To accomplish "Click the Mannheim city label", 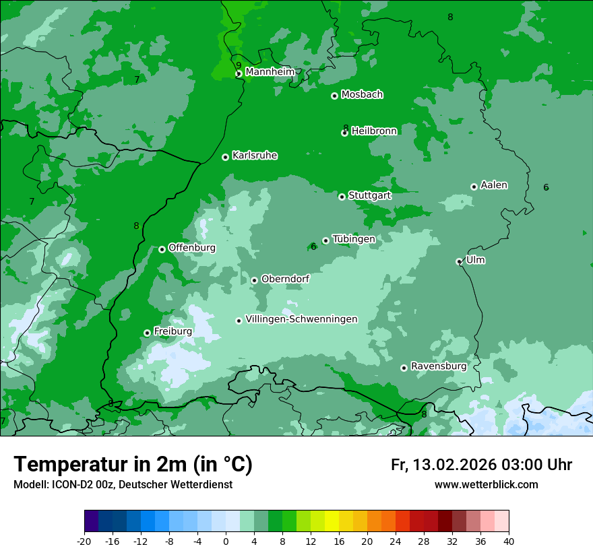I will (x=270, y=72).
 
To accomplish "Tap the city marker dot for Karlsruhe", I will (x=225, y=157).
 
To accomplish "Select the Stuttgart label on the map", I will (x=369, y=195).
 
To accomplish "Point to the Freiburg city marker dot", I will (x=147, y=333).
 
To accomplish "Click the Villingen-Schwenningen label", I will (x=301, y=319).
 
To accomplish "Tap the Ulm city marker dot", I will (x=459, y=261).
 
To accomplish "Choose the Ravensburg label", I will (x=438, y=366).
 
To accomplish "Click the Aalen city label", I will (x=494, y=185).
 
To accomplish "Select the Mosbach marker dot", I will (x=334, y=96).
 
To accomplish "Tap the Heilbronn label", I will (x=374, y=131).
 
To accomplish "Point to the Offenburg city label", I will (x=192, y=248).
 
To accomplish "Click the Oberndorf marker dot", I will (x=254, y=280).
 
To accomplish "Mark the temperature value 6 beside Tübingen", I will (x=313, y=247).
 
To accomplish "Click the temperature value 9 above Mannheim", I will (x=239, y=65).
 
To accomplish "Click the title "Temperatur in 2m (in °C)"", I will (x=133, y=465).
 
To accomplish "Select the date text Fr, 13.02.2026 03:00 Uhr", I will (x=481, y=465).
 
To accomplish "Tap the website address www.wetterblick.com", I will (x=486, y=485).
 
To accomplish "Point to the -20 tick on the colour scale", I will (x=84, y=541).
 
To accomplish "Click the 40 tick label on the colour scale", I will (x=509, y=541).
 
